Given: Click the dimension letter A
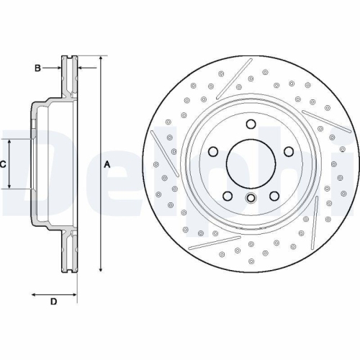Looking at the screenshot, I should [x=107, y=165].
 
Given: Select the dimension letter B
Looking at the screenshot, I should [x=37, y=68].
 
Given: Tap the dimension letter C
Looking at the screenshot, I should [x=3, y=165].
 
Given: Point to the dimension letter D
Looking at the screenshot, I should [x=53, y=301].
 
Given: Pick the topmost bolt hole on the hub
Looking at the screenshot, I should [x=251, y=124].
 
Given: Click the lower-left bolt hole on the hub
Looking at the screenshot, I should [x=227, y=196].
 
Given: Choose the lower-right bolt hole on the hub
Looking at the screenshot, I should [x=274, y=196].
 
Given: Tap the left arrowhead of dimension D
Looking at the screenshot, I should [x=33, y=294].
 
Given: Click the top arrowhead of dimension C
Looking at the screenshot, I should [x=10, y=143].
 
